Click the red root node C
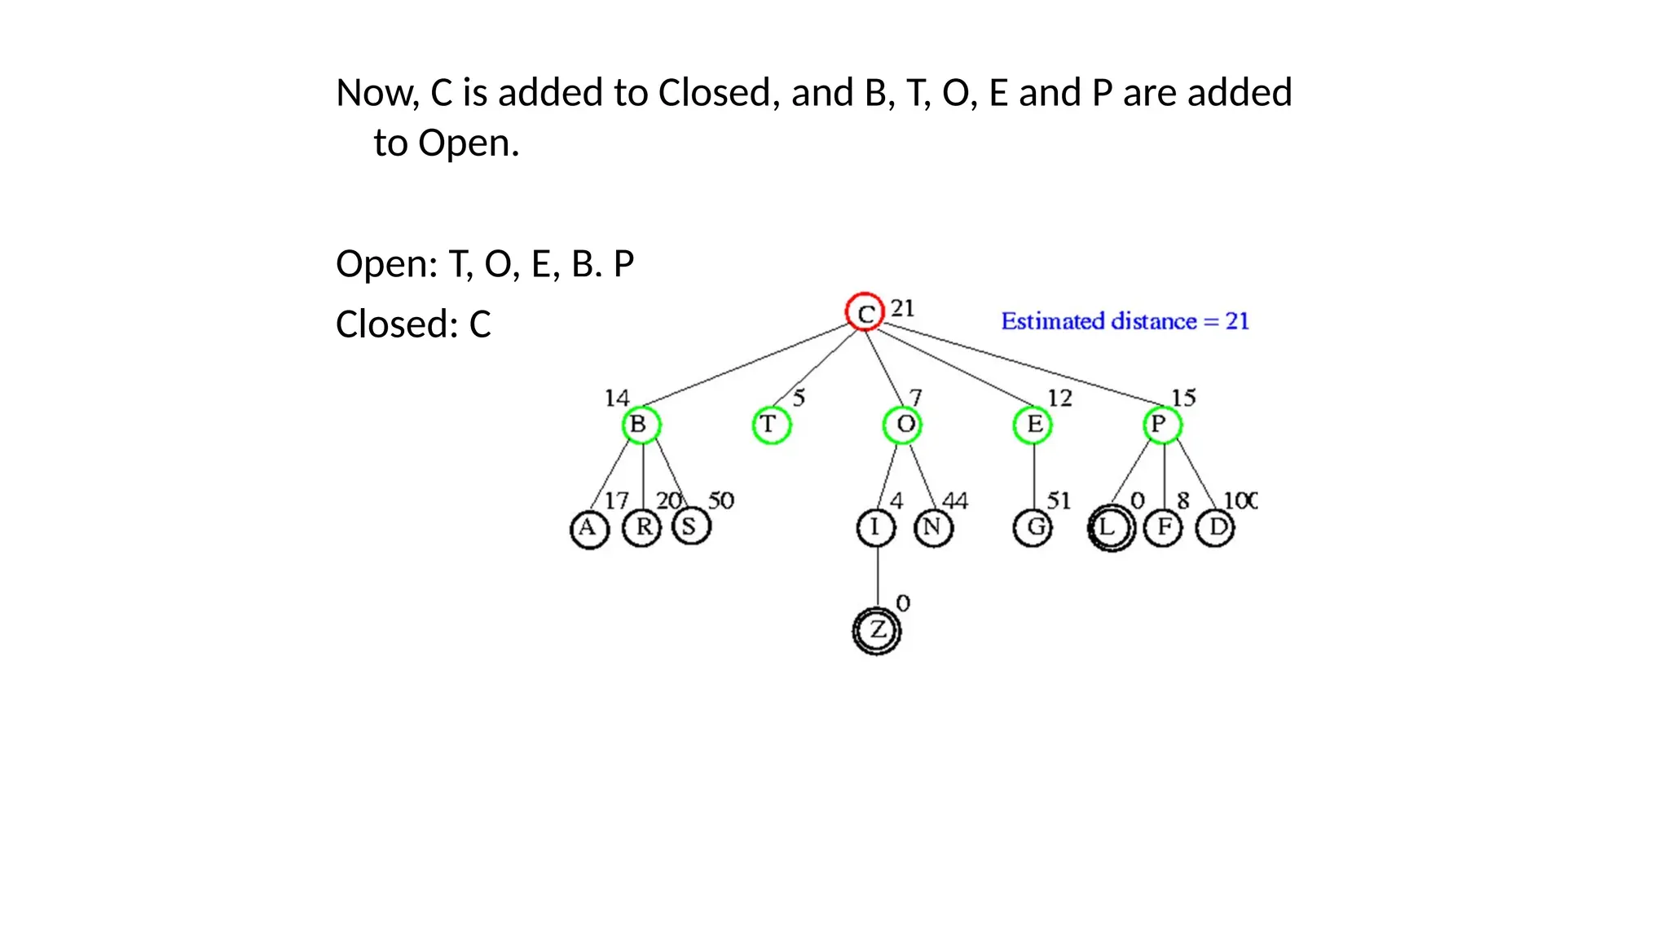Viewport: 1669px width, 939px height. (x=865, y=312)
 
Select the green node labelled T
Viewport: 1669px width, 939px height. (x=771, y=425)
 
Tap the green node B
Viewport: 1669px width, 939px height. (x=641, y=425)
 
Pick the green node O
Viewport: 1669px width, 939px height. (x=902, y=425)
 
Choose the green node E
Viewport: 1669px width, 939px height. (x=1033, y=425)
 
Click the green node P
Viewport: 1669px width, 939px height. (x=1161, y=425)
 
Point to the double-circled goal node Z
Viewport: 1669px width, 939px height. (x=877, y=631)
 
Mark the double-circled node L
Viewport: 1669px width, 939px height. (x=1111, y=528)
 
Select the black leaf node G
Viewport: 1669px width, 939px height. (x=1033, y=528)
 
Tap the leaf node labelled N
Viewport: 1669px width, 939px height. (x=933, y=528)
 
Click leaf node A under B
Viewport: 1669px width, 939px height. (x=588, y=529)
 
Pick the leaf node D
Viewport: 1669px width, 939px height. (x=1215, y=528)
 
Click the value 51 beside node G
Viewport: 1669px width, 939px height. (x=1059, y=500)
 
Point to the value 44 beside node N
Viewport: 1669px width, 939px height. (x=955, y=500)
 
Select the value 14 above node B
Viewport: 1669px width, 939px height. (x=617, y=398)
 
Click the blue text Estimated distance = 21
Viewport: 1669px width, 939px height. (x=1125, y=321)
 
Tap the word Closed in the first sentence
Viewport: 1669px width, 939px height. (x=713, y=93)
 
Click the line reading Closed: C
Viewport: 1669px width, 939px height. (x=413, y=324)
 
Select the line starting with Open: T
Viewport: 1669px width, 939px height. (x=485, y=264)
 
